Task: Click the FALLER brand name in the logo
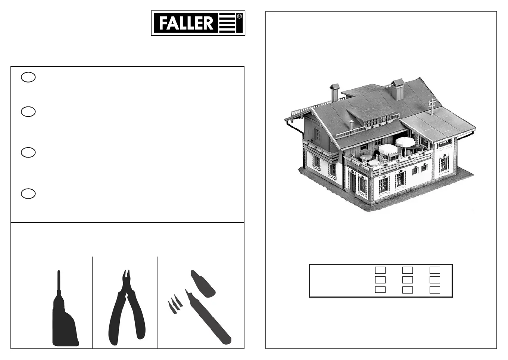pyautogui.click(x=186, y=23)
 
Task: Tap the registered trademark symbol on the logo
pyautogui.click(x=239, y=16)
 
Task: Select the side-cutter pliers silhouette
pyautogui.click(x=127, y=308)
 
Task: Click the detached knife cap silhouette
pyautogui.click(x=203, y=283)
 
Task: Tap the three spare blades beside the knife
pyautogui.click(x=175, y=304)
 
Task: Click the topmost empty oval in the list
pyautogui.click(x=28, y=77)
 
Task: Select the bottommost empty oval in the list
pyautogui.click(x=28, y=193)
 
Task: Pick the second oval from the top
pyautogui.click(x=28, y=112)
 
